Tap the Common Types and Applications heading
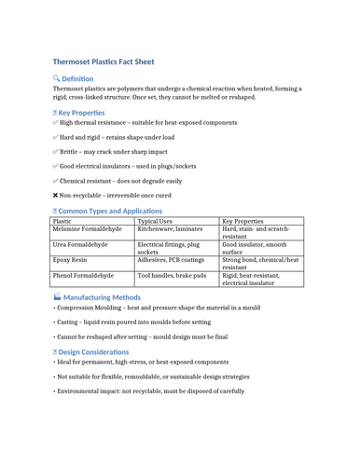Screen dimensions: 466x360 (x=103, y=212)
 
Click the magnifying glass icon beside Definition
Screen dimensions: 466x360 (x=57, y=79)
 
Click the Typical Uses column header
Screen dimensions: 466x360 (x=155, y=222)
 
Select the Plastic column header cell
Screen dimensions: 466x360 (x=62, y=222)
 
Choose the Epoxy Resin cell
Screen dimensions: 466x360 (x=70, y=261)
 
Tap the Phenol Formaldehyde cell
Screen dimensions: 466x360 (x=83, y=276)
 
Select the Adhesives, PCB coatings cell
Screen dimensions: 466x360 (x=170, y=261)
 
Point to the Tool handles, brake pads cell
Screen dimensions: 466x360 (x=172, y=276)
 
